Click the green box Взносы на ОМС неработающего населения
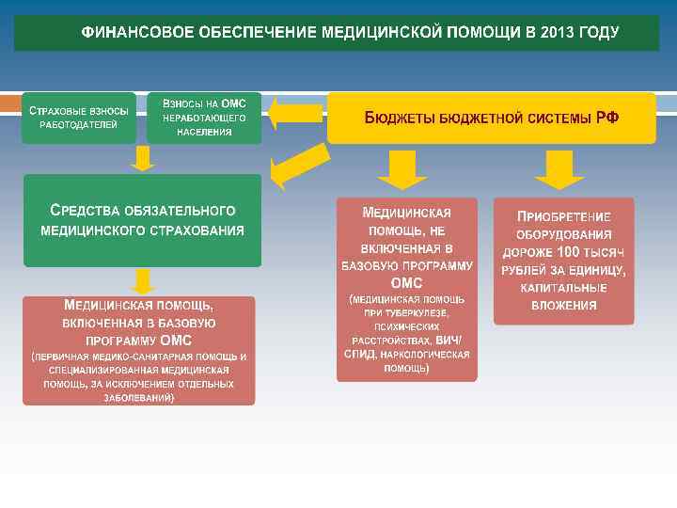(x=204, y=117)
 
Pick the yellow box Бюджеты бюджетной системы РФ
(x=491, y=118)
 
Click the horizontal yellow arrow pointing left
(x=294, y=114)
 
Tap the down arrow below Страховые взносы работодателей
(x=142, y=157)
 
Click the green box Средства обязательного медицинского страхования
(x=142, y=220)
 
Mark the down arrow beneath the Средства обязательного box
(x=142, y=280)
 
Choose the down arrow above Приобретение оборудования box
(x=559, y=168)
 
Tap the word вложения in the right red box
(x=563, y=305)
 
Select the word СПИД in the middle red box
(x=358, y=354)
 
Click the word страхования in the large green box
(x=201, y=230)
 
